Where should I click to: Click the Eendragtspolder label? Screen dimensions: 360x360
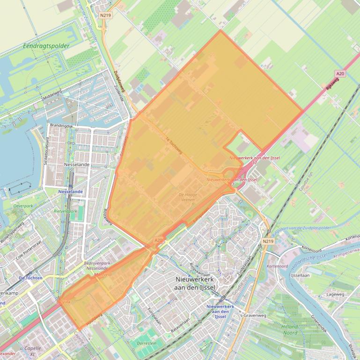pyautogui.click(x=46, y=46)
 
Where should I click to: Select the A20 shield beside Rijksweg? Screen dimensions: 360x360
pyautogui.click(x=340, y=74)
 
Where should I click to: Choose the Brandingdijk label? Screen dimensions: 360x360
pyautogui.click(x=62, y=126)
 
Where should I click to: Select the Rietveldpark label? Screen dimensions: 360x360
pyautogui.click(x=65, y=211)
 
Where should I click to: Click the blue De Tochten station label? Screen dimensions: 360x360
pyautogui.click(x=30, y=278)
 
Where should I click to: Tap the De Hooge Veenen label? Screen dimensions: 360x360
pyautogui.click(x=188, y=197)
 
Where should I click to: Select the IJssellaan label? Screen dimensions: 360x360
pyautogui.click(x=300, y=275)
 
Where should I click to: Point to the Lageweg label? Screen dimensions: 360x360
pyautogui.click(x=335, y=295)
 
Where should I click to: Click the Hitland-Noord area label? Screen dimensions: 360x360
pyautogui.click(x=290, y=330)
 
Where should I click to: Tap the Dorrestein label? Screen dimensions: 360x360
pyautogui.click(x=147, y=343)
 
